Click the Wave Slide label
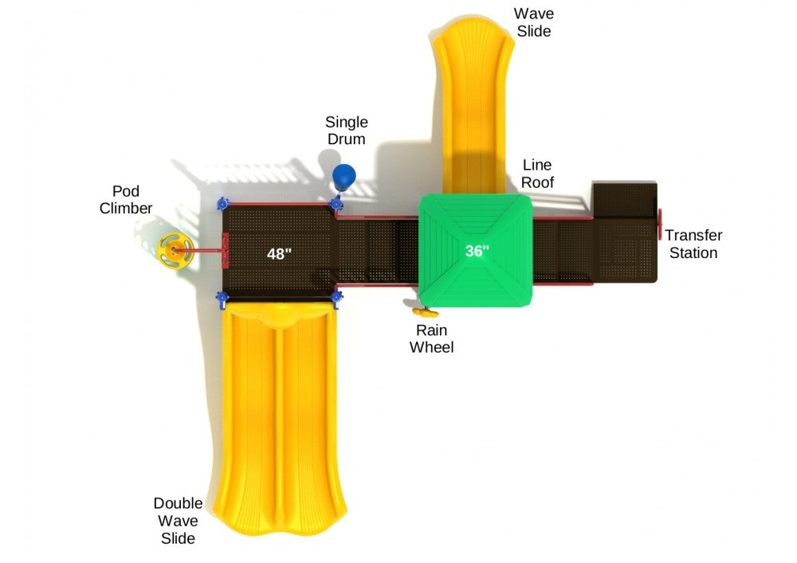coord(533,22)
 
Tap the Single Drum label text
coord(346,131)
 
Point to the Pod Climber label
coord(126,200)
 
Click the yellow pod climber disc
coord(175,250)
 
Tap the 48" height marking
coord(279,253)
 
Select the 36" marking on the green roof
coord(477,250)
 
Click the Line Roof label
coord(537,174)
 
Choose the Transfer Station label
coord(693,244)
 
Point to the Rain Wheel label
coord(431,338)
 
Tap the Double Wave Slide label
coord(178,520)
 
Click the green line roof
coord(476,250)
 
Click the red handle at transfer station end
coord(660,224)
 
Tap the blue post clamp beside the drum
coord(336,204)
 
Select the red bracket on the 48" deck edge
coord(226,250)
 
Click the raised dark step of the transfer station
coord(625,199)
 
